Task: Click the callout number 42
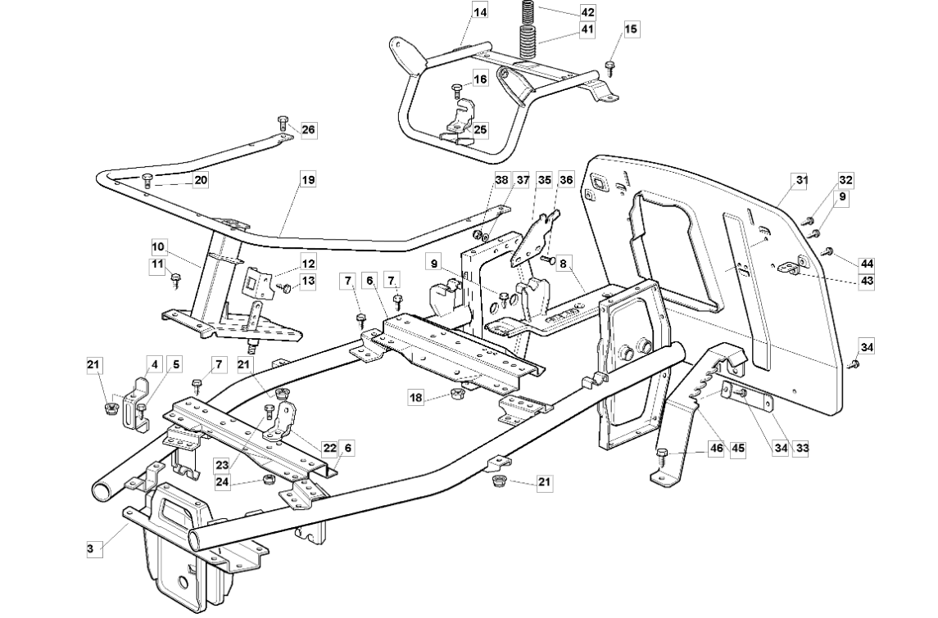588,12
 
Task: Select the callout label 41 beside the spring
588,29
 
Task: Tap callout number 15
631,29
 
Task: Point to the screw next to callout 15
611,68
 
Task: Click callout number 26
308,129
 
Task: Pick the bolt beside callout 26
283,123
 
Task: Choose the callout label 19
307,179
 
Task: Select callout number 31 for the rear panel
801,180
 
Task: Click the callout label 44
866,264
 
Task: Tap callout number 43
866,280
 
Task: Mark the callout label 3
91,549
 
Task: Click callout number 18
416,397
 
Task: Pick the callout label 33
802,448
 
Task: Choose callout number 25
480,129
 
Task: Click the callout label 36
566,179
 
